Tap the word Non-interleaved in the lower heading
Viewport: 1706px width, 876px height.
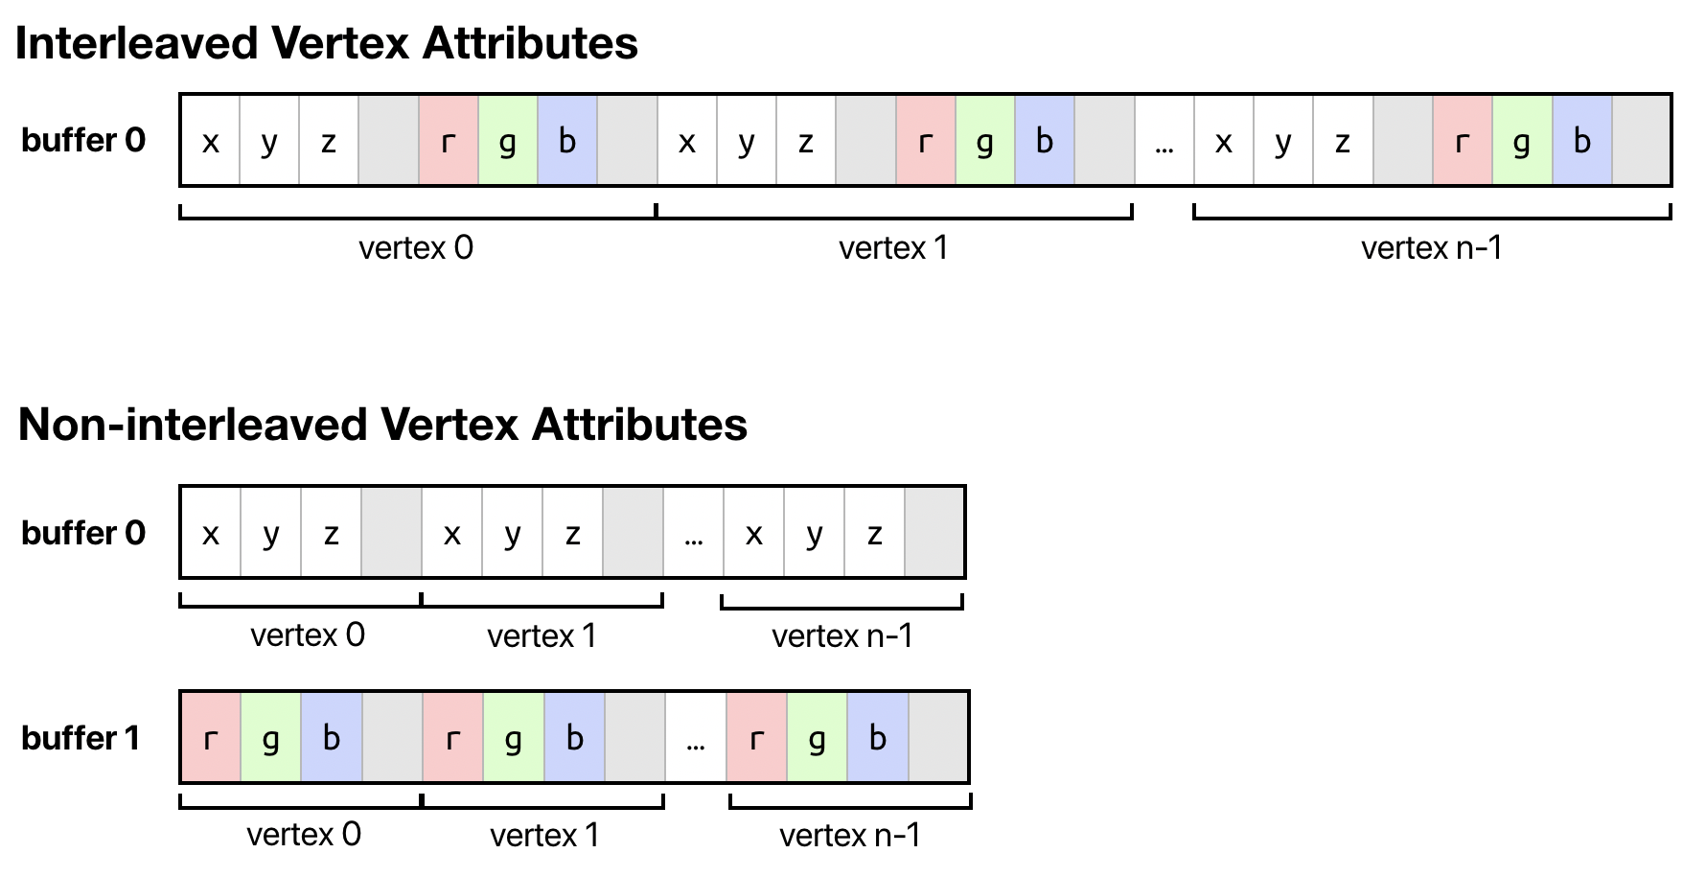(x=192, y=425)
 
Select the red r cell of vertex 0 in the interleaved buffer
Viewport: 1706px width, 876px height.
(x=448, y=142)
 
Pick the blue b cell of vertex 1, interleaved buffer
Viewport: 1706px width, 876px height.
(x=1045, y=142)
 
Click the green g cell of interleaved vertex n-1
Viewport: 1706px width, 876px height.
(x=1522, y=142)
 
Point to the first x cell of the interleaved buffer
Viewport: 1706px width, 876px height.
(x=211, y=142)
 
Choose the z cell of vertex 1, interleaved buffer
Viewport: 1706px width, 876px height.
(x=806, y=142)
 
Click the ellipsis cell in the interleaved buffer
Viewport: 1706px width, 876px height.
(x=1164, y=142)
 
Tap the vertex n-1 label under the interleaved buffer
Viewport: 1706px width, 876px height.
(x=1432, y=248)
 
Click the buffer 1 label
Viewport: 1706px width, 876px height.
(x=81, y=738)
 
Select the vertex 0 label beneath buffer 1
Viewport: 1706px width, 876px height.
(x=304, y=835)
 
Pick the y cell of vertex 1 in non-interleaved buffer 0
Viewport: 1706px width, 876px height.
(x=513, y=534)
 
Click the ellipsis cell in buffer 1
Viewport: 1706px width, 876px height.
(x=696, y=738)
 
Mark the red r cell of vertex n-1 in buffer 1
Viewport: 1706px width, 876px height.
(x=757, y=738)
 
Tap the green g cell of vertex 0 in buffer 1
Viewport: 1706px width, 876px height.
(x=271, y=738)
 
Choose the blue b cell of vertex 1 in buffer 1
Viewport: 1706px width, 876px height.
(x=574, y=738)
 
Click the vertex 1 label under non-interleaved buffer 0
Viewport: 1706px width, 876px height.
(x=542, y=635)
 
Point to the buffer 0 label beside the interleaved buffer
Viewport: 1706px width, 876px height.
(x=83, y=141)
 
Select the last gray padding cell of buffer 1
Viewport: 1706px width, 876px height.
(x=937, y=738)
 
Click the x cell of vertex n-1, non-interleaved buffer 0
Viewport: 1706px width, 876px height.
(x=754, y=534)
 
